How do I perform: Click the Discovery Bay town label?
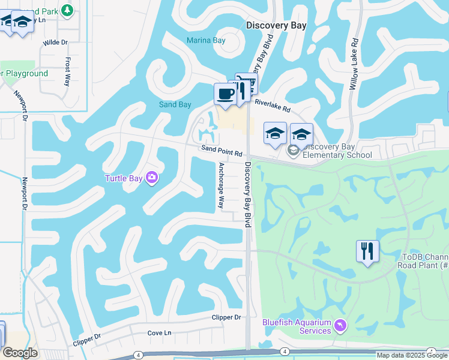point(276,26)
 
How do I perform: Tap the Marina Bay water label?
point(205,41)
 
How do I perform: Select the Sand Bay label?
point(175,105)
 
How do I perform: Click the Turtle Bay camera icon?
point(151,178)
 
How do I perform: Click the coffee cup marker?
point(225,94)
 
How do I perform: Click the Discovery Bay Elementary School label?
point(337,151)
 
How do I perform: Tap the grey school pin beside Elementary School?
point(293,150)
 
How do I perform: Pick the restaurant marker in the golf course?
point(367,250)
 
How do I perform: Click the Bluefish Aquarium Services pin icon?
point(340,325)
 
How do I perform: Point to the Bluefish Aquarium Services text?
point(297,326)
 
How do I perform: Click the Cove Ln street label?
point(159,333)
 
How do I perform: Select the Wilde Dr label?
point(56,43)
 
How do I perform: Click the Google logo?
point(20,353)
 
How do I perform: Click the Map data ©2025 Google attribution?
point(412,355)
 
